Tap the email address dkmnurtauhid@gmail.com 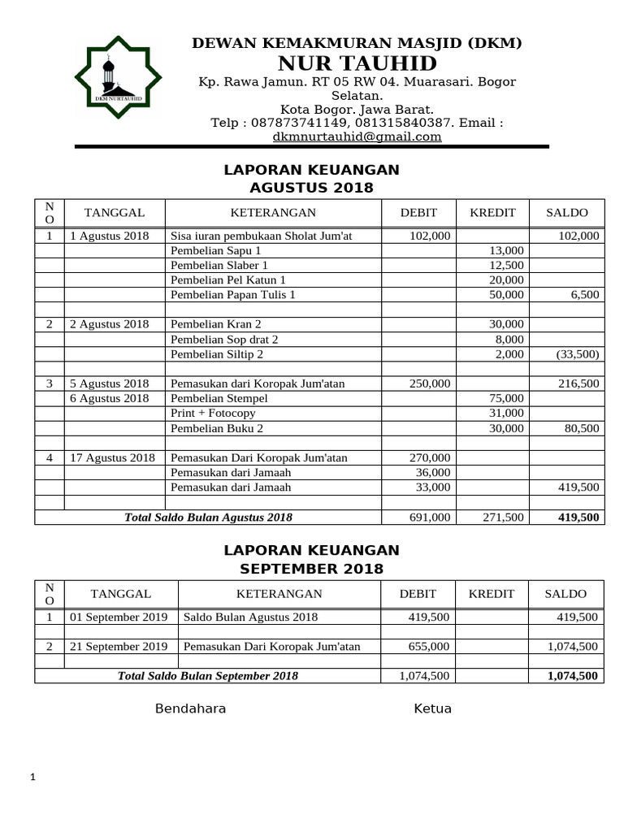coord(357,137)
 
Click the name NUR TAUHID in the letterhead coord(357,63)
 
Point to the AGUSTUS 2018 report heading coord(311,188)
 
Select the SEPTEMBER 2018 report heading coord(311,569)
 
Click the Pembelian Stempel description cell coord(219,398)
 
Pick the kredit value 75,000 coord(506,398)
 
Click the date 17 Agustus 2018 coord(112,457)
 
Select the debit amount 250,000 coord(429,383)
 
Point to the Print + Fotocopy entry coord(213,413)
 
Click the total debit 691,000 coord(429,517)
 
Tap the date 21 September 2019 coord(119,647)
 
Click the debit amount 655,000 coord(429,647)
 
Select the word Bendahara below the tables coord(190,708)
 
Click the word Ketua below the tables coord(432,708)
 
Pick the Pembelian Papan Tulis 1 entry coord(232,295)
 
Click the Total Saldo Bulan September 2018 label coord(207,676)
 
